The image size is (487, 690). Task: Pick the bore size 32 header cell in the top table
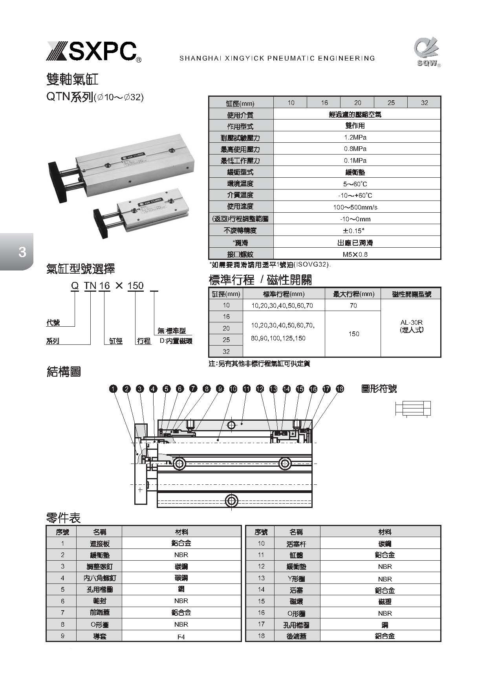click(424, 103)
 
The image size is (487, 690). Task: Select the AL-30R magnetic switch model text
click(411, 323)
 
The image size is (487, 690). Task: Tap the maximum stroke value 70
click(353, 305)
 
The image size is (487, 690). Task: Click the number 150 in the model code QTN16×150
click(135, 285)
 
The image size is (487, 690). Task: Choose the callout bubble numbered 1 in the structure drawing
click(113, 389)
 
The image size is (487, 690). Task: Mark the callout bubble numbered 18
click(340, 389)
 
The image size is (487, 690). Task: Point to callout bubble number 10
click(233, 389)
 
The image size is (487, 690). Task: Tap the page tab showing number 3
click(22, 252)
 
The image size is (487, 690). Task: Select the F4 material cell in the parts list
click(181, 637)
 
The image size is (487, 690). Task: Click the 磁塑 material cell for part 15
click(384, 602)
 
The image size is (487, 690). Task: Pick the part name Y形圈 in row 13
click(296, 579)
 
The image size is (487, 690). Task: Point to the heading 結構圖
click(64, 372)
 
